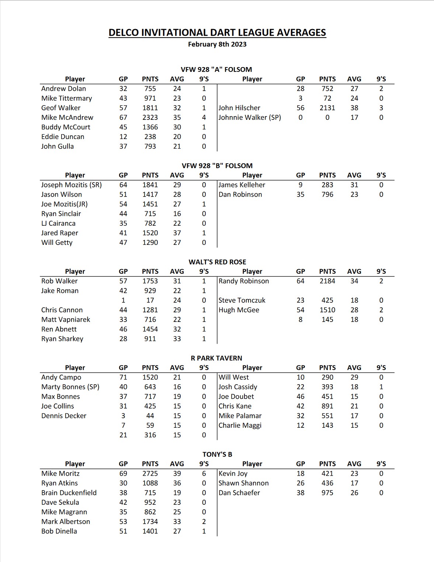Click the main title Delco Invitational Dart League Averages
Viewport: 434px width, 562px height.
217,33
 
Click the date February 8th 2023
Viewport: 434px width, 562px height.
217,44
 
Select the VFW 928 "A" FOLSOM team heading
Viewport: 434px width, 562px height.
216,69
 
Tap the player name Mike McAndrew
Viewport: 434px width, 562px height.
67,117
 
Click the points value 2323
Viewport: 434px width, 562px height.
150,117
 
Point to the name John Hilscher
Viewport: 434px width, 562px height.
239,108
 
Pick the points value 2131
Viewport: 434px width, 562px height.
327,108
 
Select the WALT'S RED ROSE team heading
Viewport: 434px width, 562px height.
217,262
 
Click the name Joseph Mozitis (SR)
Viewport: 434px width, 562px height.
72,185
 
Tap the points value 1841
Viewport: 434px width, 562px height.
150,185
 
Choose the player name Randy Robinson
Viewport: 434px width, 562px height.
244,281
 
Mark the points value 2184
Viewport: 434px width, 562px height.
327,281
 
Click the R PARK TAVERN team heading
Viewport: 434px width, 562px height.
216,358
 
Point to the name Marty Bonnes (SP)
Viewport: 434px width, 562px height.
70,387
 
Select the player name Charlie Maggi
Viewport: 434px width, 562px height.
240,425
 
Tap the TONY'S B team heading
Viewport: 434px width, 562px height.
217,454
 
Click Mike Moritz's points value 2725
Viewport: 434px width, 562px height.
150,473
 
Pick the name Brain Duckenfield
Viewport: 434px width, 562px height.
69,493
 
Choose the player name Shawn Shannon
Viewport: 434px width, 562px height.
244,483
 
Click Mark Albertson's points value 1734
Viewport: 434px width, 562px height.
150,521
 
